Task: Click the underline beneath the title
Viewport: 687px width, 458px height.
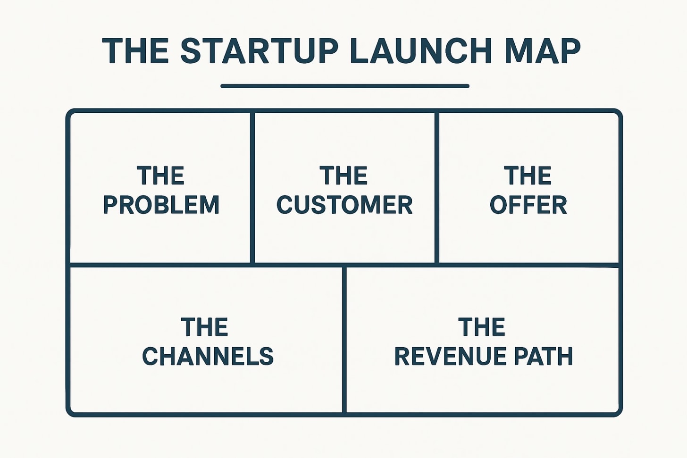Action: click(344, 86)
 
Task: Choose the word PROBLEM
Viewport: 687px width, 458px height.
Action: click(161, 205)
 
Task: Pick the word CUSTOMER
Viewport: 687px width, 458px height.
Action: click(344, 205)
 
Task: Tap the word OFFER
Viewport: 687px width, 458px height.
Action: click(528, 205)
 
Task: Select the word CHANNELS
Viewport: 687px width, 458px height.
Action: click(208, 357)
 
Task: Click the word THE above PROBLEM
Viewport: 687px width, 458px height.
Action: click(160, 176)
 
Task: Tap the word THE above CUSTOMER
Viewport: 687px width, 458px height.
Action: click(343, 176)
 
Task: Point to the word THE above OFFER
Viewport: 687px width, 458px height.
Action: click(528, 176)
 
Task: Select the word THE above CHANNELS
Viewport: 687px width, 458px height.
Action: click(204, 327)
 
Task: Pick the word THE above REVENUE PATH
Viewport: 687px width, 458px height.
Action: click(482, 327)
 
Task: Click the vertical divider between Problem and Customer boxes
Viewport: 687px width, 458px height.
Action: click(252, 189)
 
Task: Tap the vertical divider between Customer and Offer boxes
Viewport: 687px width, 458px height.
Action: click(436, 189)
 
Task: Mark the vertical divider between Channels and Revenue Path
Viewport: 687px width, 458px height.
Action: click(344, 340)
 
